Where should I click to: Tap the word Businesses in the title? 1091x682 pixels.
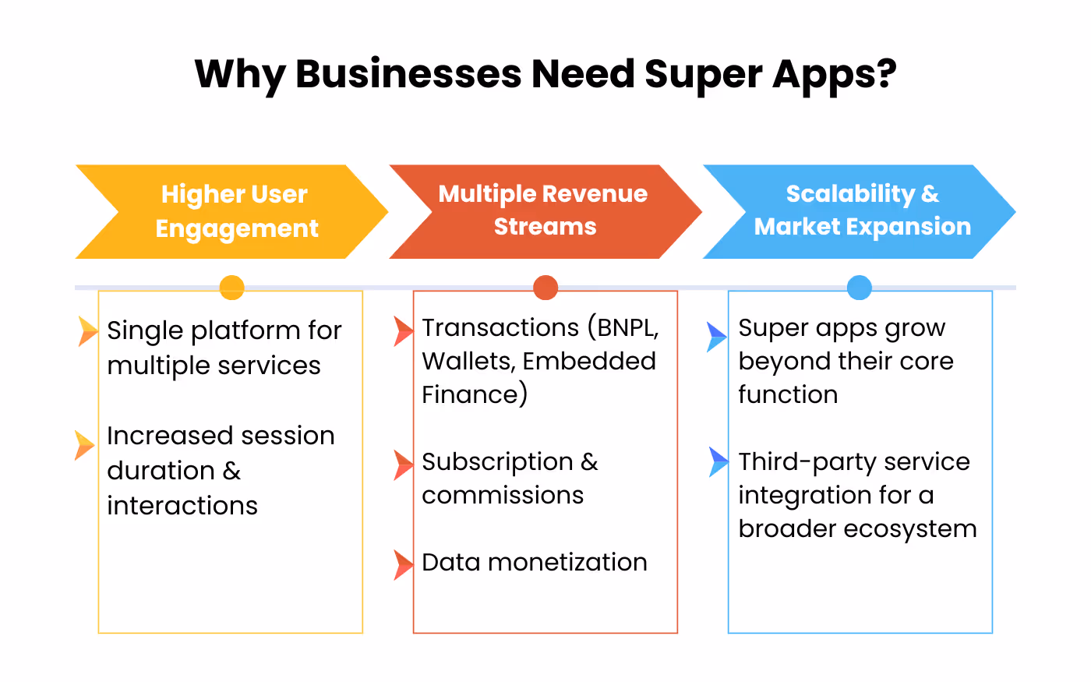(408, 74)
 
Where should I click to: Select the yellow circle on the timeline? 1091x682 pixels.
(231, 288)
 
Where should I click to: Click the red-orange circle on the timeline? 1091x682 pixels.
(545, 288)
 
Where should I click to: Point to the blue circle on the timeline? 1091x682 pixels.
(859, 288)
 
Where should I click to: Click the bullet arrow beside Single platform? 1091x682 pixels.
(87, 331)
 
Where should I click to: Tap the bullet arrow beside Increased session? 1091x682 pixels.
(84, 445)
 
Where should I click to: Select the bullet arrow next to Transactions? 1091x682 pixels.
(403, 331)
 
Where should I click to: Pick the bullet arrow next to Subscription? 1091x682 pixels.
(403, 465)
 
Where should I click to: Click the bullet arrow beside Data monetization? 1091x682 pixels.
(403, 564)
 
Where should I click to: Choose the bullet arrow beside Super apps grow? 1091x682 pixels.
(716, 337)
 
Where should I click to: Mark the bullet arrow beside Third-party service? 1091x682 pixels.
(718, 462)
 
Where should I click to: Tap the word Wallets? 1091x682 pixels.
(467, 362)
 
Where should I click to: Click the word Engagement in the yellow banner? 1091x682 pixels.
(237, 228)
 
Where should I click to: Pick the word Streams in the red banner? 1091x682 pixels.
(545, 227)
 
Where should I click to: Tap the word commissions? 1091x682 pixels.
(503, 495)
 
